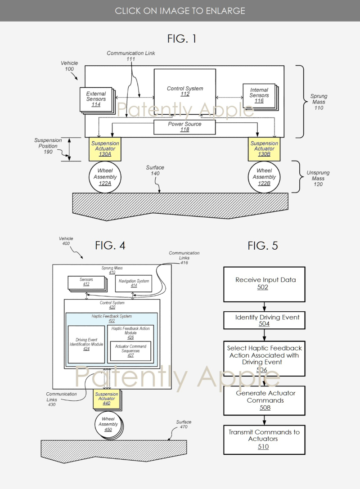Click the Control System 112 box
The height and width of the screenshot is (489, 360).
[184, 92]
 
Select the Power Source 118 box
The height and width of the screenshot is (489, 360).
[184, 127]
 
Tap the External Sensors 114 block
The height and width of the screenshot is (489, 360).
[96, 99]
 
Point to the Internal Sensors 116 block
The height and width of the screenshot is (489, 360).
[259, 96]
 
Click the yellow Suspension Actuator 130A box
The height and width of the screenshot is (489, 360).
[103, 149]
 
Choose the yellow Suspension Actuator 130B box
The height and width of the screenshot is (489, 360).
[264, 149]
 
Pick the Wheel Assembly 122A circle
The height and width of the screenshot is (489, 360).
[105, 177]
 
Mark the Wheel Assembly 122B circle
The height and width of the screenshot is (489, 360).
[264, 177]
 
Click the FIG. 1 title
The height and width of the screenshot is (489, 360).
[182, 39]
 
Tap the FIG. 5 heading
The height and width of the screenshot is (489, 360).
[263, 246]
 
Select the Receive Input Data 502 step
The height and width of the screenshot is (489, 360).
[264, 284]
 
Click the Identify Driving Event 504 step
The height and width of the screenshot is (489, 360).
[264, 320]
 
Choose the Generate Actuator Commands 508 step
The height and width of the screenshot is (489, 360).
[264, 400]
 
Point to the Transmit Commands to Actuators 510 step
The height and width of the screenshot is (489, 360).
[264, 439]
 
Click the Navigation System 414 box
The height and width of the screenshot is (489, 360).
[133, 284]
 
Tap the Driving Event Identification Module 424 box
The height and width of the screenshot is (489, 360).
[86, 345]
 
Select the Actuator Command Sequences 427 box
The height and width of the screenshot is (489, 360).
[130, 351]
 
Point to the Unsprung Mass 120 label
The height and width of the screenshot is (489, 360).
[318, 179]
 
